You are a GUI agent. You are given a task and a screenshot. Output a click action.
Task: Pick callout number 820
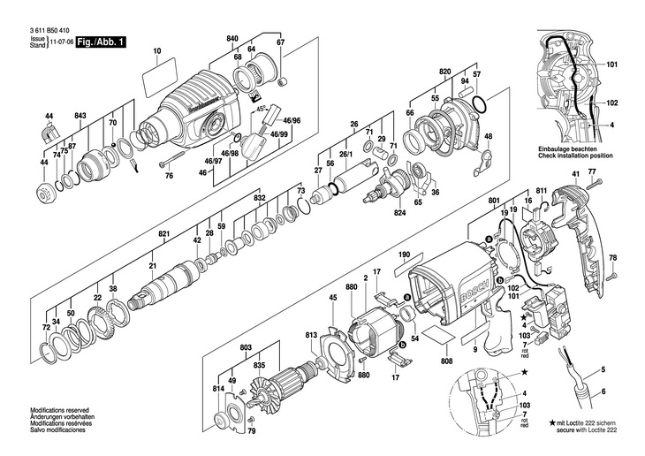444,68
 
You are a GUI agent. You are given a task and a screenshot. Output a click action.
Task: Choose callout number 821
163,233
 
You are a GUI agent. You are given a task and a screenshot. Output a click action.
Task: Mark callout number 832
259,200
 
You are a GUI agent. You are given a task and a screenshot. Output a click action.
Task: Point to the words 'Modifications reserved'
56,411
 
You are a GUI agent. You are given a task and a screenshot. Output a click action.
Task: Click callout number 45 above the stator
332,297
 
